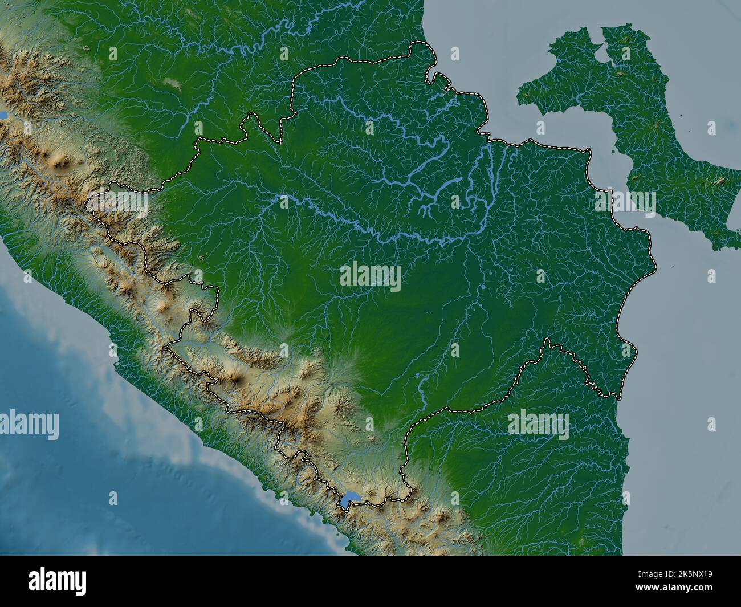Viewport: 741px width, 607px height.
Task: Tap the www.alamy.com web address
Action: pyautogui.click(x=690, y=589)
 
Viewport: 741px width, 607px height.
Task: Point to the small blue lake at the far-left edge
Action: pyautogui.click(x=3, y=115)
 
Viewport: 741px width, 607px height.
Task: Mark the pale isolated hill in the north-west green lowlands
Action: pyautogui.click(x=172, y=84)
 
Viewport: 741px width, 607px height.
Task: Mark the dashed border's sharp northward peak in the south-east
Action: pyautogui.click(x=548, y=340)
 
